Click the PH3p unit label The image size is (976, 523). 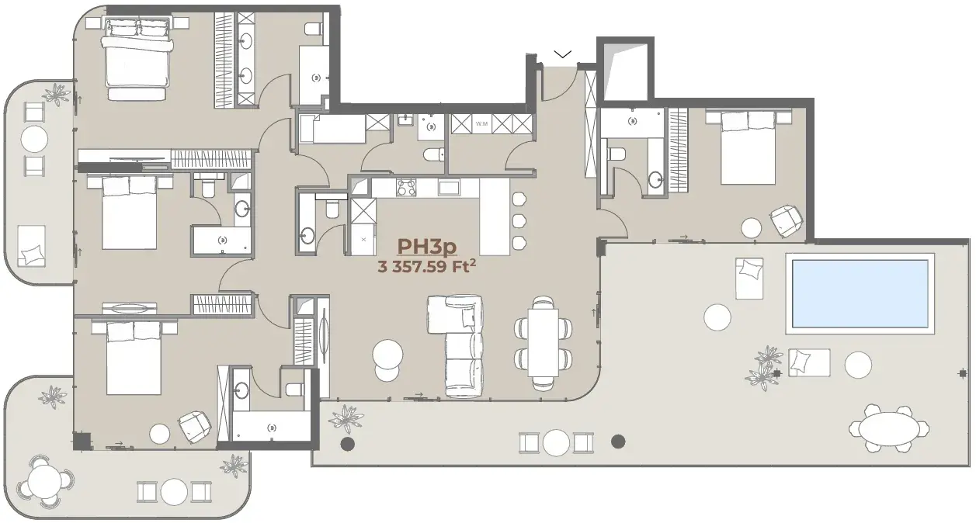coord(426,247)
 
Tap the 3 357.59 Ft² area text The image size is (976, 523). coord(426,266)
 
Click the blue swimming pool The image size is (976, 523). coord(860,293)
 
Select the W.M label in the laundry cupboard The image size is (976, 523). coord(481,124)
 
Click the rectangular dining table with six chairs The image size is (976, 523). coord(543,343)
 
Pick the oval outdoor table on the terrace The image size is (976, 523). coord(889,429)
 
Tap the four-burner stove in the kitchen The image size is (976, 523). coord(406,188)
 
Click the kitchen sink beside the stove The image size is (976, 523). coord(449,188)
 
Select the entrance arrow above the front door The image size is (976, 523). coord(562,54)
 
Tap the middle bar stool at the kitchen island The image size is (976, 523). coord(519,221)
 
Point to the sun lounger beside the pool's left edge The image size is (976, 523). coord(749,279)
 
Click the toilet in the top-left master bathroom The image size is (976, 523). coord(314,29)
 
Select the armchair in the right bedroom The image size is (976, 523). coord(787,221)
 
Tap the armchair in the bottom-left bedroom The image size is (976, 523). coord(194,428)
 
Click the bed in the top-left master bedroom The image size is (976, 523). coord(137,59)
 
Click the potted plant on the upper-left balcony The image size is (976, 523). coord(57,94)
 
